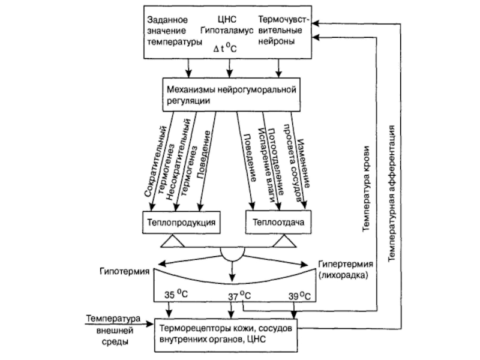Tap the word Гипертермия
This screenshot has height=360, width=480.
(346, 264)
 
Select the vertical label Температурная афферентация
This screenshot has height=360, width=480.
(391, 192)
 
